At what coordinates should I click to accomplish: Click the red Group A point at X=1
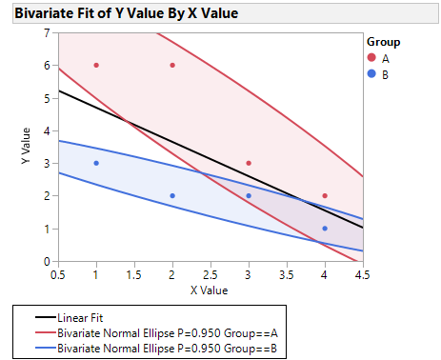pos(96,65)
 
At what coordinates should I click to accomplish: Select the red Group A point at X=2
pos(172,65)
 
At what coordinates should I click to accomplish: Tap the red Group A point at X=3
pos(249,163)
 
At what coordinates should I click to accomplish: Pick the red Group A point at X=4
pos(325,195)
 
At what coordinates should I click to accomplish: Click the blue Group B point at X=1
pos(96,163)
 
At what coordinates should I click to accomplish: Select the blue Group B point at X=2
pos(172,195)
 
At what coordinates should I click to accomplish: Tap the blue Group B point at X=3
pos(249,195)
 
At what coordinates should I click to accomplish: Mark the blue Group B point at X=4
pos(325,229)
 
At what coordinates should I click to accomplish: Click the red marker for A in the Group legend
pos(372,58)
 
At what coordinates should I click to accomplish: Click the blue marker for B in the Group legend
pos(372,73)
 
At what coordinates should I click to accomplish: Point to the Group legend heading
pos(383,42)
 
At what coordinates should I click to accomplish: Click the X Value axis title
pos(210,289)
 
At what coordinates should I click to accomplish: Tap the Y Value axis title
pos(27,147)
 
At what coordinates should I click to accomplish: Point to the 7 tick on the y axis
pos(48,32)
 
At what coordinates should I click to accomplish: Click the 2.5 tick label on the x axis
pos(210,273)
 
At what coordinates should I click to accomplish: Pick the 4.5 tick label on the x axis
pos(363,273)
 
